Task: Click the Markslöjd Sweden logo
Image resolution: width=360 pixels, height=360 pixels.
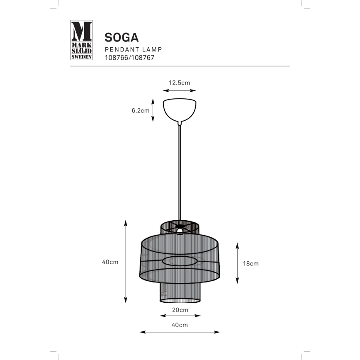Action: tap(81, 40)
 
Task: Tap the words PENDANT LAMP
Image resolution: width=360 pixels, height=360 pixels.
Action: tap(133, 49)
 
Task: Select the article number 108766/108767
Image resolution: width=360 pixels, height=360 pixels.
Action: tap(129, 58)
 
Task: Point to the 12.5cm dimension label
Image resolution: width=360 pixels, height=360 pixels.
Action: tap(179, 83)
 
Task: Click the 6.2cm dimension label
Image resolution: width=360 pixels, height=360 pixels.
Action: tap(140, 110)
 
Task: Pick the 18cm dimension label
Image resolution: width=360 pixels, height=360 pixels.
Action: tap(251, 263)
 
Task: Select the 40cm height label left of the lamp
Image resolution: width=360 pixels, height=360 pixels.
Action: tap(110, 262)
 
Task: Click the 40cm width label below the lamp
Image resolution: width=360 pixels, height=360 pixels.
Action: tap(180, 325)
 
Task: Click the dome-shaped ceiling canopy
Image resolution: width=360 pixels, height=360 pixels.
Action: tap(180, 109)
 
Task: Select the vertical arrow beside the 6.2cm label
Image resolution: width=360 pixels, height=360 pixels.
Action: tap(153, 110)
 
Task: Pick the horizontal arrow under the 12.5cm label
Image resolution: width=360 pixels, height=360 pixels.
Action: tap(179, 90)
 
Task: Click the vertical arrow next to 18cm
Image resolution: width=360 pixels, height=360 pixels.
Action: tap(237, 263)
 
